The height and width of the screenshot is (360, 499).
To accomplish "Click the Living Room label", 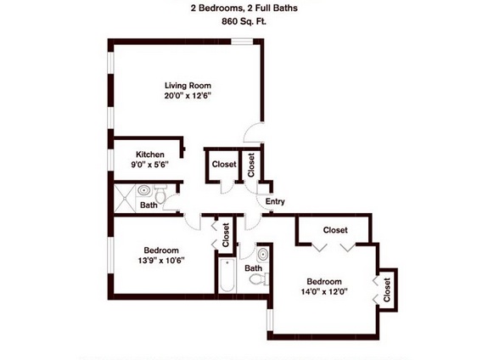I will [x=188, y=85].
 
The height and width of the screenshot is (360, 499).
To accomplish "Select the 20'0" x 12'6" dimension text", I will [x=188, y=96].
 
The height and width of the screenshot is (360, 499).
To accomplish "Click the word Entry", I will [x=275, y=202].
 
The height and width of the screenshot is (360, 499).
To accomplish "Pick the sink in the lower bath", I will [x=261, y=254].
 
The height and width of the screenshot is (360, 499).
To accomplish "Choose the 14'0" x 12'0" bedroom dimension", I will [x=324, y=292].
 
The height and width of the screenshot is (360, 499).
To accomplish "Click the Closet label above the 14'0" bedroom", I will [x=335, y=229].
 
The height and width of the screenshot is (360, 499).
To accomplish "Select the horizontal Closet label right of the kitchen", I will [x=224, y=165].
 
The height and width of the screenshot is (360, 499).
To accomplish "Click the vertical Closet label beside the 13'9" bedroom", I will [x=226, y=235].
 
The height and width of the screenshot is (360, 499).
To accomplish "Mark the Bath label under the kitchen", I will [x=149, y=205].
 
